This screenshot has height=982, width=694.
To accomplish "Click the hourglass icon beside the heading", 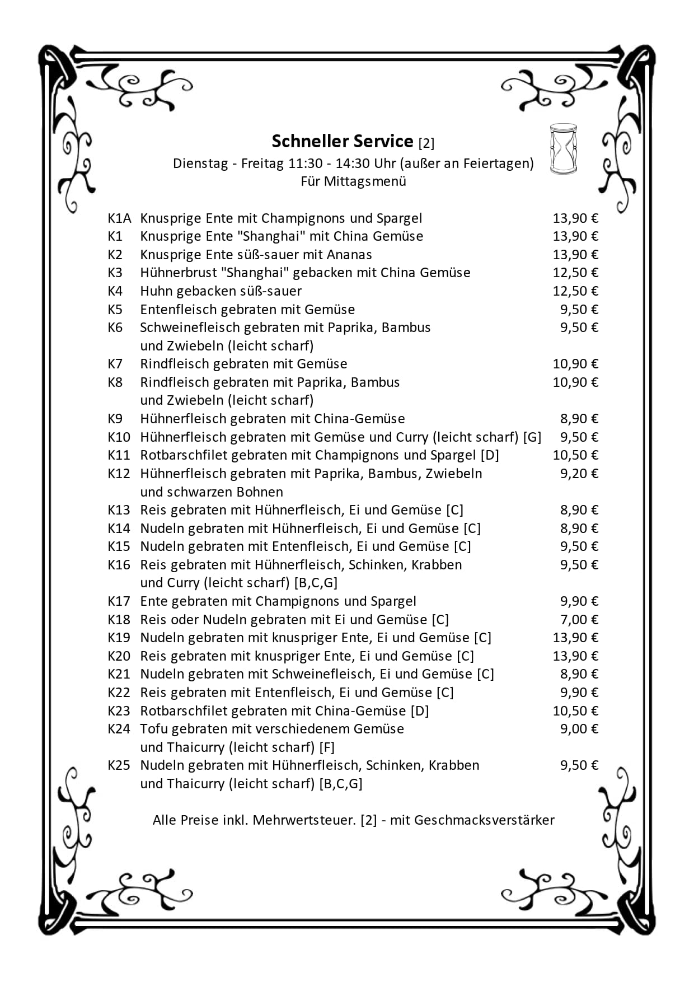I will point(563,149).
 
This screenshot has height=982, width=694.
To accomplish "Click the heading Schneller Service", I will point(342,141).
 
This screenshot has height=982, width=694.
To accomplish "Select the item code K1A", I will point(119,218).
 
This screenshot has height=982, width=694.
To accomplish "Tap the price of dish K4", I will point(575,291).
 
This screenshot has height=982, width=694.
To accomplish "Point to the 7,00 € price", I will point(579,620).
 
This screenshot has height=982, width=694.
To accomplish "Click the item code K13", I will point(119,510).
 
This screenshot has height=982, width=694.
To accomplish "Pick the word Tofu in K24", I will point(154,729).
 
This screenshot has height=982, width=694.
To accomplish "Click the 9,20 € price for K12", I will point(579,474).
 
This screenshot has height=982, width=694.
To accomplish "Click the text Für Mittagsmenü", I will point(353,181).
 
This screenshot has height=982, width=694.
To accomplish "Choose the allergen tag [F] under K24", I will point(327,747).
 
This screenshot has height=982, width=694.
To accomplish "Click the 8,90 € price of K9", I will point(579,419).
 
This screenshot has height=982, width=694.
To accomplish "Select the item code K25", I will point(119,765).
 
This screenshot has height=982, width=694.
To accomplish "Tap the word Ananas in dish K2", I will point(349,255).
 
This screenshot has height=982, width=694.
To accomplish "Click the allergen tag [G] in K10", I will point(532,437).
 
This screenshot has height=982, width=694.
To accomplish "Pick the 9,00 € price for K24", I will point(579,729).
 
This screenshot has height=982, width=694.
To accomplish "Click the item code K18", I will point(119,620).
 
